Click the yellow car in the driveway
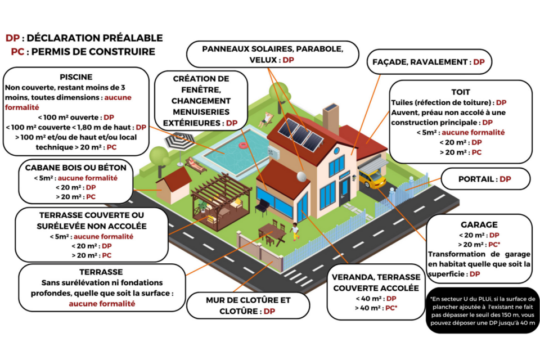point(372,178)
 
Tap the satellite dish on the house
point(301,177)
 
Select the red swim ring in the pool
point(243,145)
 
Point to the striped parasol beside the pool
point(180,142)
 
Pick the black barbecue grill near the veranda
point(263,206)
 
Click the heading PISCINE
point(76,77)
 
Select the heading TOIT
point(461,92)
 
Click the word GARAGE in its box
point(479,224)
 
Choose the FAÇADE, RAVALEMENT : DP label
point(429,62)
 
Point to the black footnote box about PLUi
point(483,310)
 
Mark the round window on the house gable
point(336,151)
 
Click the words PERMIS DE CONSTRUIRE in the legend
point(93,52)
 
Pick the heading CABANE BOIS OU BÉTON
point(76,168)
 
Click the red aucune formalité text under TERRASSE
point(102,304)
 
